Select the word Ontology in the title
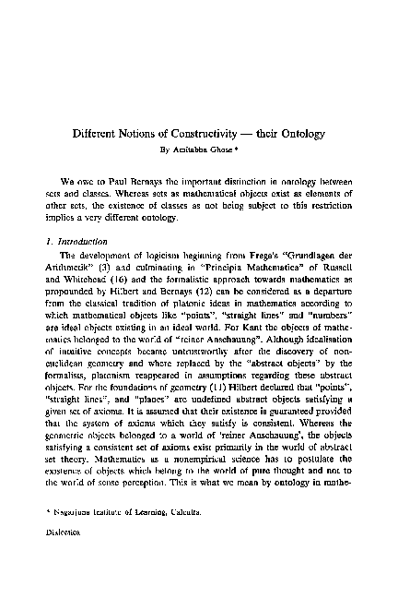294,132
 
